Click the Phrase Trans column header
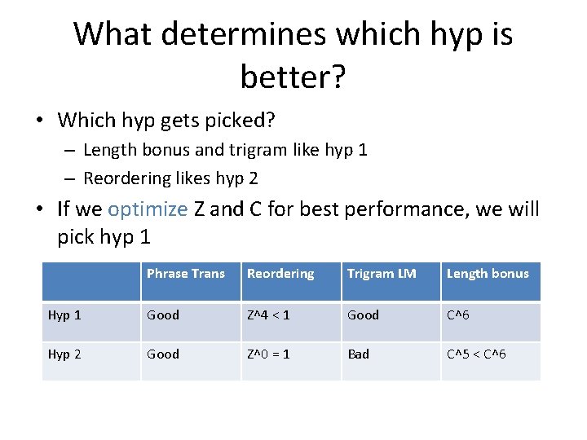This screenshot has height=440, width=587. (185, 274)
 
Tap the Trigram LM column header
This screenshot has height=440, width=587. (382, 274)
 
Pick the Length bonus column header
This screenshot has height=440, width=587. (488, 274)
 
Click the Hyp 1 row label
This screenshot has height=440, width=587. (64, 315)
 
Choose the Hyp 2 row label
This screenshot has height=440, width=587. (64, 354)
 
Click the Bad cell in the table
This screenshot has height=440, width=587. (358, 354)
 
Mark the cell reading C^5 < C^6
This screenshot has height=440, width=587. (476, 354)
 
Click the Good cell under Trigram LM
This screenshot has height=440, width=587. (363, 315)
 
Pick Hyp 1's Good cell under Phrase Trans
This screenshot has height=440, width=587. (163, 315)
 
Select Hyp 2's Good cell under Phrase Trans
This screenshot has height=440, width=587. (163, 354)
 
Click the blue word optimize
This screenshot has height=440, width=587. (148, 209)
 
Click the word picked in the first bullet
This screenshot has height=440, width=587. (244, 121)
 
